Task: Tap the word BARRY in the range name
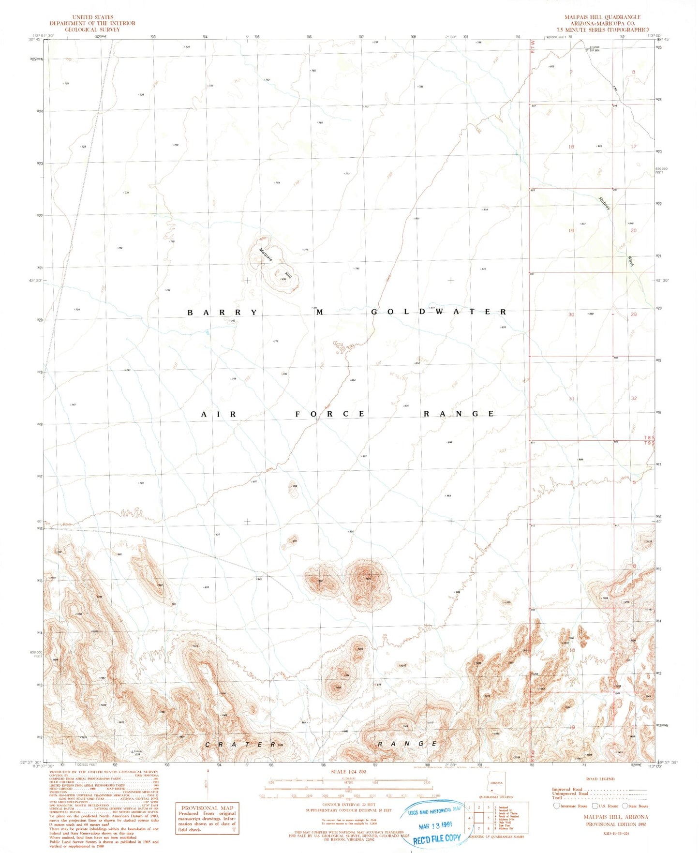(x=223, y=313)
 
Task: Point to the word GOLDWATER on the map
(x=439, y=312)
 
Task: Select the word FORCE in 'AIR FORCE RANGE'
(x=330, y=414)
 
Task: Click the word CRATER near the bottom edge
(x=240, y=745)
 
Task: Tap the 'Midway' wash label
(x=604, y=203)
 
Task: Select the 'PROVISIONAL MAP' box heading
(x=207, y=808)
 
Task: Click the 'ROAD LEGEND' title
(x=600, y=779)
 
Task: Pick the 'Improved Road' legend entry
(x=567, y=789)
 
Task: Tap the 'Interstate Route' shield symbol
(x=557, y=806)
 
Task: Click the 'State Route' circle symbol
(x=625, y=806)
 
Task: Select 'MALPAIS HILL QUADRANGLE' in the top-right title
(x=602, y=17)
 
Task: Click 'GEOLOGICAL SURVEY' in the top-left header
(x=92, y=30)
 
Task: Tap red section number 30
(x=571, y=314)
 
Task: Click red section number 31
(x=571, y=399)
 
